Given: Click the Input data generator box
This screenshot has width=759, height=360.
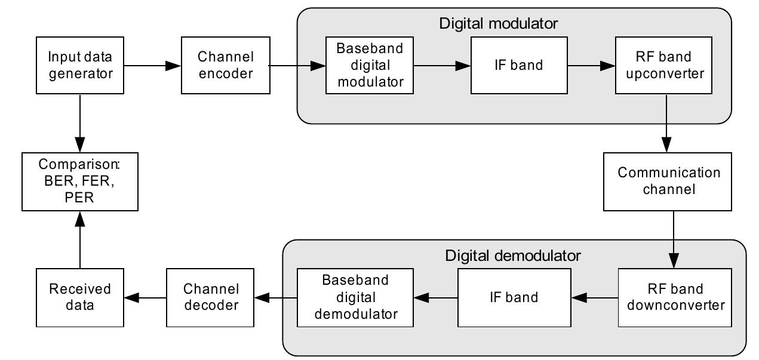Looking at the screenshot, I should pos(81,65).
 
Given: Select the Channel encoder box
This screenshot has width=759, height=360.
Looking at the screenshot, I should pos(225,65).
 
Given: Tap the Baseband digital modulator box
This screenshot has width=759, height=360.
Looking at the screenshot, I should pos(370,65).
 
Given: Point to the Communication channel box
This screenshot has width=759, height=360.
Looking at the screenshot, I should pos(668,181).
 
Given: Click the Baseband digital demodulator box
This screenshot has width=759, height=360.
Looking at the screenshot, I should pos(355,297).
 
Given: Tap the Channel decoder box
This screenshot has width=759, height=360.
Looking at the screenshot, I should pos(211,297).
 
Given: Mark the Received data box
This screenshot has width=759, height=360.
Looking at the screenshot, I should pos(80,297).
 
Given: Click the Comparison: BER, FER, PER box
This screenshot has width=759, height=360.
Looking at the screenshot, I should pos(80,180).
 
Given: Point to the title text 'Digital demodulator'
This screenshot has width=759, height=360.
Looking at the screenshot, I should pos(512,256).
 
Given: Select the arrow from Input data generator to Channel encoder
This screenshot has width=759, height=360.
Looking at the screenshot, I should pos(153,65).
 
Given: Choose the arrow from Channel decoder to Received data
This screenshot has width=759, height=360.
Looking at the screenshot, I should pos(145,297).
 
